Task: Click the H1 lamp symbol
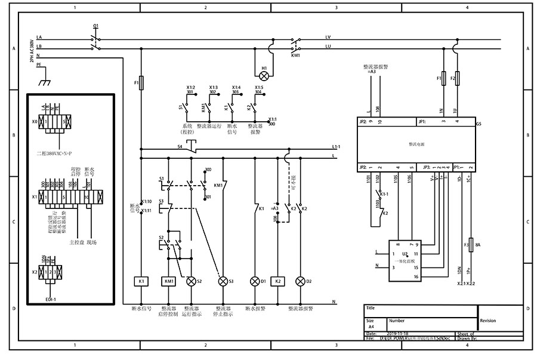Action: (x=264, y=75)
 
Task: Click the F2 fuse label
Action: (x=452, y=78)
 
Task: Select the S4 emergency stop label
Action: (x=180, y=146)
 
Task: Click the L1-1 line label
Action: (x=336, y=146)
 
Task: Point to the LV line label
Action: (x=328, y=36)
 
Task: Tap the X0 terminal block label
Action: (x=35, y=121)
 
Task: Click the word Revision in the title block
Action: (x=487, y=321)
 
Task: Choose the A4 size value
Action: (x=371, y=327)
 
